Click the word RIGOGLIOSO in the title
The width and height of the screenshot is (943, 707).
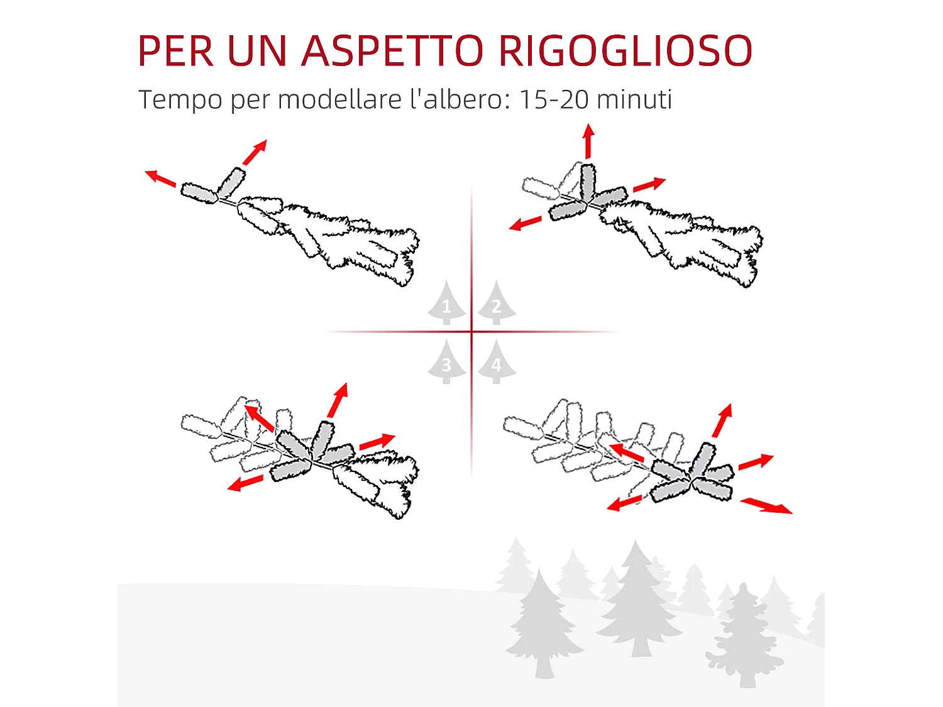[x=626, y=51]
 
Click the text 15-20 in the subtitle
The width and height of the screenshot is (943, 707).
[x=553, y=99]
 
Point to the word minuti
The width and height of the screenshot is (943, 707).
[x=634, y=99]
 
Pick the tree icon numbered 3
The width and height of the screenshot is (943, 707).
[x=446, y=363]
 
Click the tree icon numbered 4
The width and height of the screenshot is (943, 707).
[x=496, y=363]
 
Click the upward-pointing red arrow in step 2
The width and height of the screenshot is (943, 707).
[x=588, y=141]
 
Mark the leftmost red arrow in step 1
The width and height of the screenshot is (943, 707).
[x=160, y=178]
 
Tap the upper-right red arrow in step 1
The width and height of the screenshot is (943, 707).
[x=255, y=152]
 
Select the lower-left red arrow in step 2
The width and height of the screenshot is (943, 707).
[x=525, y=223]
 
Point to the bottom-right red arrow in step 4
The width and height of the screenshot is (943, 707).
[x=766, y=505]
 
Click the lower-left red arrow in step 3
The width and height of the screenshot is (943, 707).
[x=245, y=483]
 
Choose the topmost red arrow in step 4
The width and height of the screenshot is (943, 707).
[x=722, y=420]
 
